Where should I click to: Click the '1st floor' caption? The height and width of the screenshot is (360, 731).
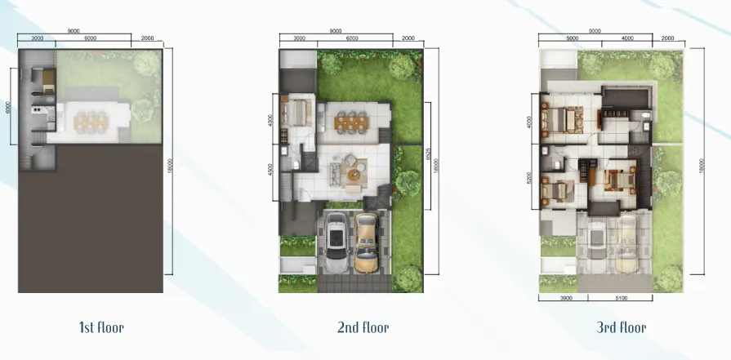101,328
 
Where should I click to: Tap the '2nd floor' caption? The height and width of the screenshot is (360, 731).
363,328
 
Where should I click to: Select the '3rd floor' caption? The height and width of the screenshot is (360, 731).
622,328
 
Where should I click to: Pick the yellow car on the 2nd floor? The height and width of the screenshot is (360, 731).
368,242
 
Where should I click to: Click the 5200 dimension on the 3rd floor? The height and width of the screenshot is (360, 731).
532,179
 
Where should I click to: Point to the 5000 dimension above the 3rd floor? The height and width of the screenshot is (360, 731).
572,38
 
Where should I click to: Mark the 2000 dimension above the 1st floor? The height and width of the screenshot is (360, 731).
147,38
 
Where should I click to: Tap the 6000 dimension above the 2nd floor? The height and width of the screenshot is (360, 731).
352,38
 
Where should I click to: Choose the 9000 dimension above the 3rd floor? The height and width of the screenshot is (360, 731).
595,31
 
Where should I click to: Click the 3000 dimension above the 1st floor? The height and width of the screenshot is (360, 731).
37,38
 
